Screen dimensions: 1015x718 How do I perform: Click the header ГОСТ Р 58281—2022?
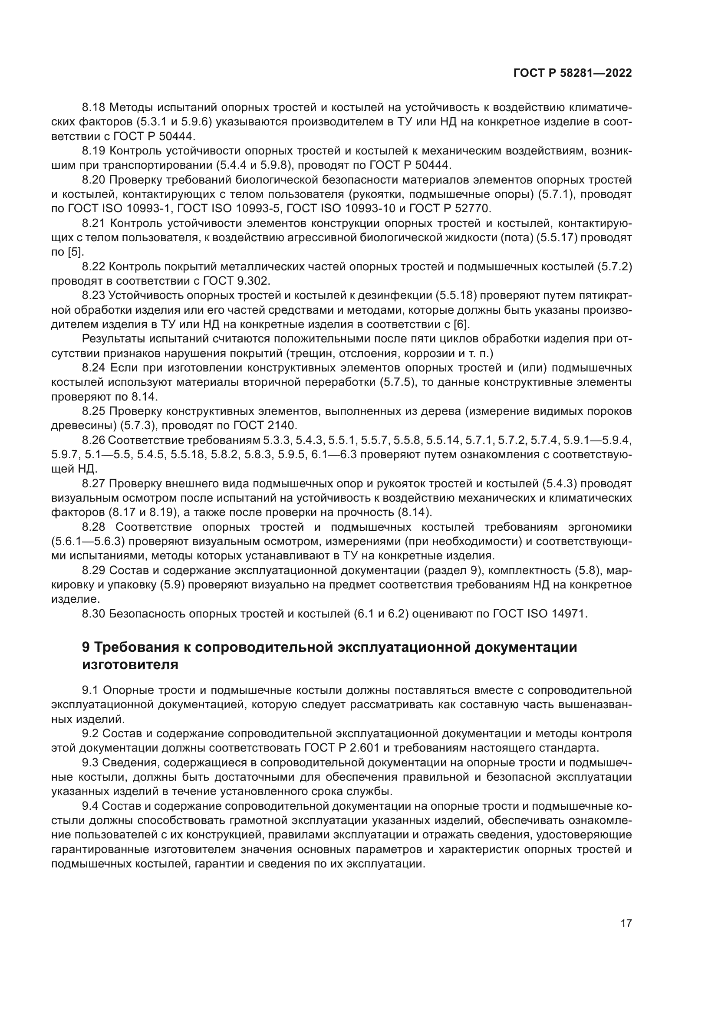tap(572, 73)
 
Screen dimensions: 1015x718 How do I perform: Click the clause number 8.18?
tap(94, 108)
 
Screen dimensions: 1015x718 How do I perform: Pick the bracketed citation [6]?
tap(461, 324)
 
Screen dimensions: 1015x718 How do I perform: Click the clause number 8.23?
tap(94, 296)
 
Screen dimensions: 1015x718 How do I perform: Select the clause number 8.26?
tap(94, 440)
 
